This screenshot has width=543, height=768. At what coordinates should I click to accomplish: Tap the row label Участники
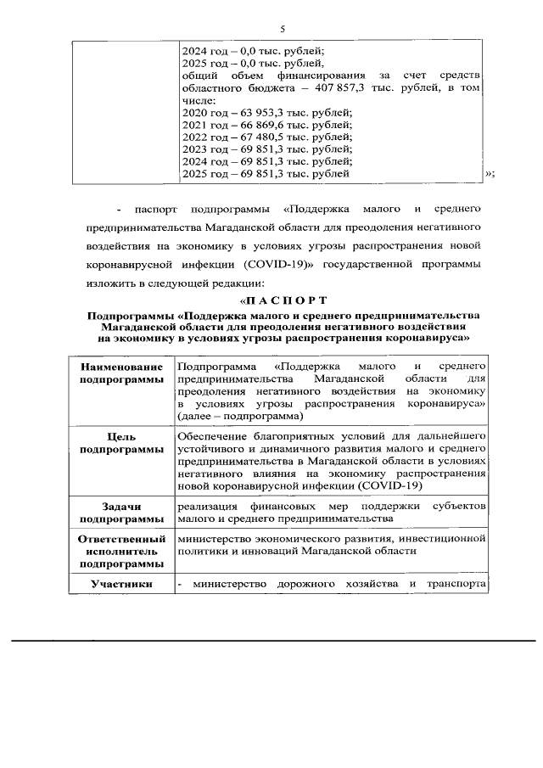(122, 584)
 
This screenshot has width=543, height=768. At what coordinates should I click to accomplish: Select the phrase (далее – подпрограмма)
(239, 417)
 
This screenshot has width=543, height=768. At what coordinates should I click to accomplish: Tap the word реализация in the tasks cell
(207, 506)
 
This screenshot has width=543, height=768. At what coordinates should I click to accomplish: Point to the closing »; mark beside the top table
(489, 174)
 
